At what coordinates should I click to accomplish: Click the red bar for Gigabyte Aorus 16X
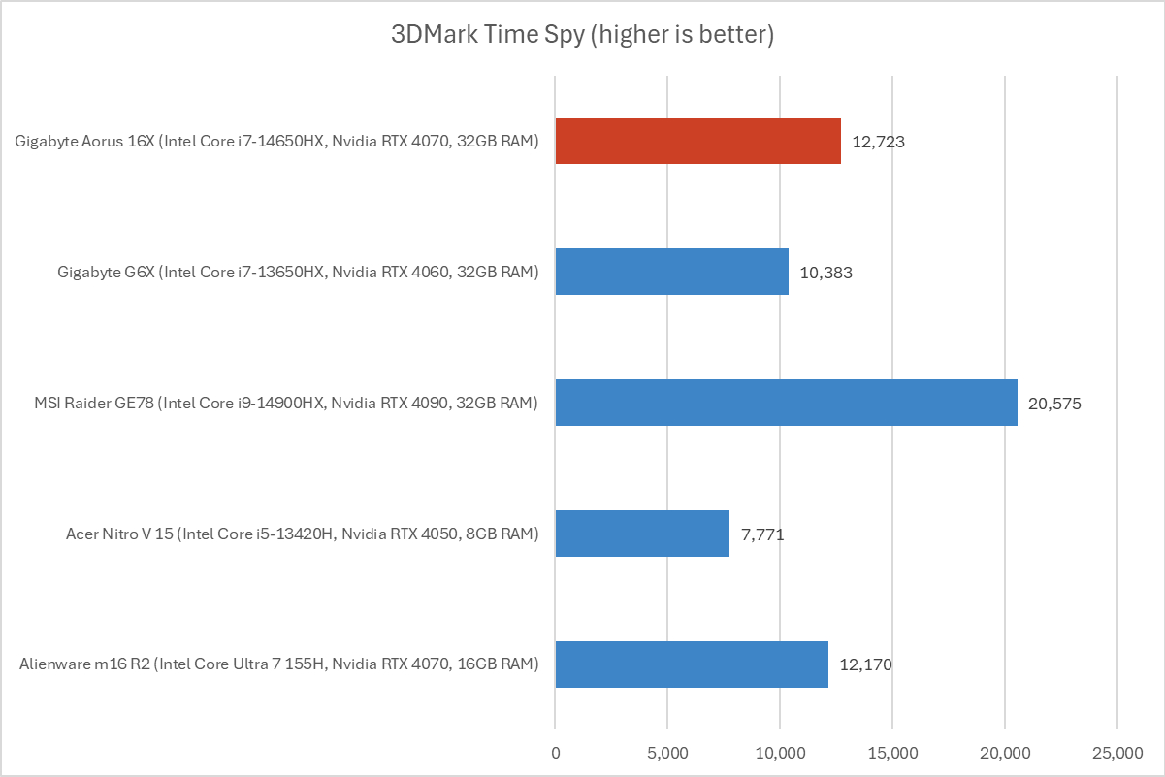(697, 141)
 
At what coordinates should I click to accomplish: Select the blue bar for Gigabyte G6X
(671, 272)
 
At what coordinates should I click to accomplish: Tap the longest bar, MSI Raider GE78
(786, 403)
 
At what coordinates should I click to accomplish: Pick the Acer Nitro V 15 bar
(642, 534)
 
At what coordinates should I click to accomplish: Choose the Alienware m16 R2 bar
(692, 664)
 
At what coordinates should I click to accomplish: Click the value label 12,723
(879, 142)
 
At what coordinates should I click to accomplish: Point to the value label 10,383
(826, 273)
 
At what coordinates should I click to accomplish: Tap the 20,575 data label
(1054, 404)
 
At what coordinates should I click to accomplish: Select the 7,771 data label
(762, 534)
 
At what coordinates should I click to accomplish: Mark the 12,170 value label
(865, 665)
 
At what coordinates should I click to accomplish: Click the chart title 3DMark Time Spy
(582, 36)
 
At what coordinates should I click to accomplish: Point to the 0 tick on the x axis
(555, 752)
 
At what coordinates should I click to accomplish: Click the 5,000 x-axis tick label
(667, 752)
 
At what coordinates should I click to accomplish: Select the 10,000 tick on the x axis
(780, 752)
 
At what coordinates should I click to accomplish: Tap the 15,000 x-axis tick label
(892, 752)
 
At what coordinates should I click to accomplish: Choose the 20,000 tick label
(1005, 752)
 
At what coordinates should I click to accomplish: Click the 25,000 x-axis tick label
(1117, 752)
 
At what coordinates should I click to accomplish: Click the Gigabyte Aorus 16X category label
(276, 142)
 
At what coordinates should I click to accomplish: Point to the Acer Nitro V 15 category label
(302, 534)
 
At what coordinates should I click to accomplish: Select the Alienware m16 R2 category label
(278, 665)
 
